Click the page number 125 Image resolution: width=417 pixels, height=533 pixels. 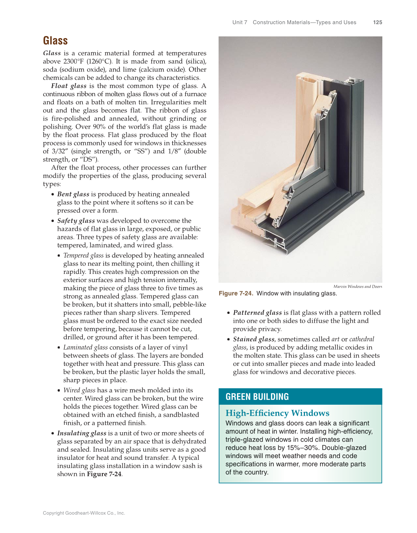(x=377, y=22)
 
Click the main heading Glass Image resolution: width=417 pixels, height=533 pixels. (x=55, y=41)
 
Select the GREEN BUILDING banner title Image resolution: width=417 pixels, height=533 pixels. (x=257, y=397)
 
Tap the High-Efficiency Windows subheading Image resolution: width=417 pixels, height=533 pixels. (x=277, y=413)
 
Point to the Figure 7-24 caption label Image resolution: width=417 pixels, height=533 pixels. (x=236, y=293)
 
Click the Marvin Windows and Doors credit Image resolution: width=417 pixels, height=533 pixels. (x=358, y=287)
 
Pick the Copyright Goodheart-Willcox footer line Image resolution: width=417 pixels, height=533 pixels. (x=84, y=513)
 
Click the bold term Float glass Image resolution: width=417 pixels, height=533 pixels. (x=69, y=86)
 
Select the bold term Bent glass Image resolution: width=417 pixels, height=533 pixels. (x=73, y=194)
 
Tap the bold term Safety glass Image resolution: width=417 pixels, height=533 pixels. (x=76, y=221)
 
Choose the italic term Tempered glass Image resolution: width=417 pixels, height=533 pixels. (x=83, y=255)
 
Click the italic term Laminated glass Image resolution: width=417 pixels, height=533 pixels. (x=85, y=347)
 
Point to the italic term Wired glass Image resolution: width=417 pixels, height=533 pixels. (x=79, y=390)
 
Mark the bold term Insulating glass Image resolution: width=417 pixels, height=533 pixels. (x=82, y=433)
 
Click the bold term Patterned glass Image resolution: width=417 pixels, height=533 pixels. (x=257, y=312)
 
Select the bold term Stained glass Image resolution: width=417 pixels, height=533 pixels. (x=254, y=339)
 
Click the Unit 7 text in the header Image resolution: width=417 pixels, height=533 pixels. (x=240, y=22)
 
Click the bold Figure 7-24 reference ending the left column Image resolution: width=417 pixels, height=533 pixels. (x=104, y=474)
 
